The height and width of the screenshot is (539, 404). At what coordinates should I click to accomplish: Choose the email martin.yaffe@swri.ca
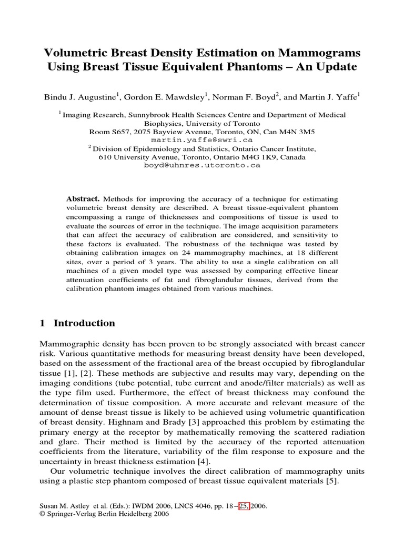[202, 141]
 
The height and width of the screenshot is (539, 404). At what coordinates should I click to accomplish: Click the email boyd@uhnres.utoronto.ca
[202, 165]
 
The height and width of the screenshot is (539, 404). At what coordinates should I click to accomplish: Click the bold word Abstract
[83, 199]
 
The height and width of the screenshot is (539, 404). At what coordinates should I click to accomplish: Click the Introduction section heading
[84, 323]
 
